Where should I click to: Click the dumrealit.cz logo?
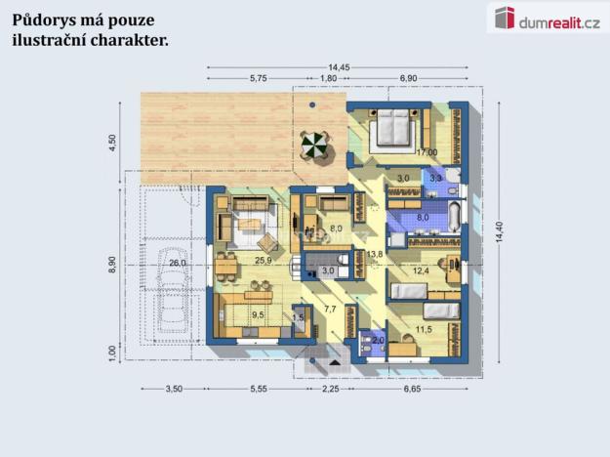548,19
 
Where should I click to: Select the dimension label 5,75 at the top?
258,77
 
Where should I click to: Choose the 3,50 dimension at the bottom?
173,389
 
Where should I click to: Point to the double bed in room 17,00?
395,126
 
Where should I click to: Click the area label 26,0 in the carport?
178,263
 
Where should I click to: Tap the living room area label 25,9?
262,262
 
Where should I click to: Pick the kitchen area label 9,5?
259,315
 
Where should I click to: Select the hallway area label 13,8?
375,254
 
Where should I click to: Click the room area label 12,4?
421,270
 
